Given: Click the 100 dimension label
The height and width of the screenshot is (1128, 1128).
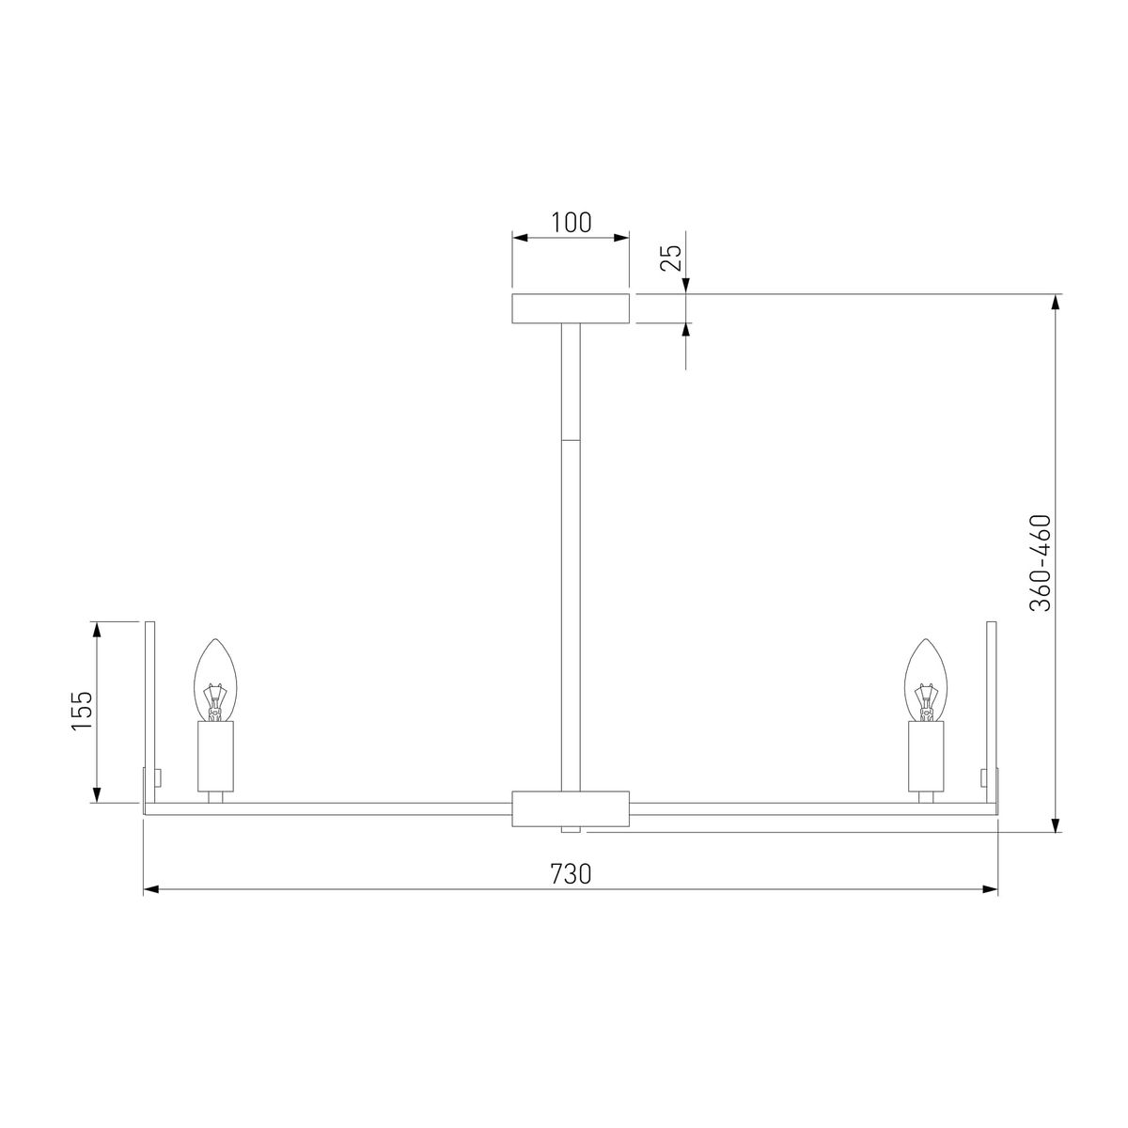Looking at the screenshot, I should click(571, 223).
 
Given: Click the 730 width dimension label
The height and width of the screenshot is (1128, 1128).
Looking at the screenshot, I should click(570, 873).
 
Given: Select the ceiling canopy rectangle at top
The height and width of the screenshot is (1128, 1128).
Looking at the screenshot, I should click(570, 308).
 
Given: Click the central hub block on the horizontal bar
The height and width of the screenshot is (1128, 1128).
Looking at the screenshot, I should click(570, 808).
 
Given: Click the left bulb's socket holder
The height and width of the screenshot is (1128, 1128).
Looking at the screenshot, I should click(215, 756).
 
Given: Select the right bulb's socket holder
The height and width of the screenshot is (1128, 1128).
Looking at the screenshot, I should click(926, 756).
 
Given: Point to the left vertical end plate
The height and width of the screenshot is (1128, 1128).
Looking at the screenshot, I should click(148, 710).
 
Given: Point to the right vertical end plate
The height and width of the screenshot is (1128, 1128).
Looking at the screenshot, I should click(992, 710).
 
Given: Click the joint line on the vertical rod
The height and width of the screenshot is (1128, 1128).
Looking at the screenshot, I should click(570, 440).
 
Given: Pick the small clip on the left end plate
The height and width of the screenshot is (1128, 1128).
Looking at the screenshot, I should click(158, 777).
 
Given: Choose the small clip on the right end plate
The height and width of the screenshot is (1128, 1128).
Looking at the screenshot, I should click(982, 777).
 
